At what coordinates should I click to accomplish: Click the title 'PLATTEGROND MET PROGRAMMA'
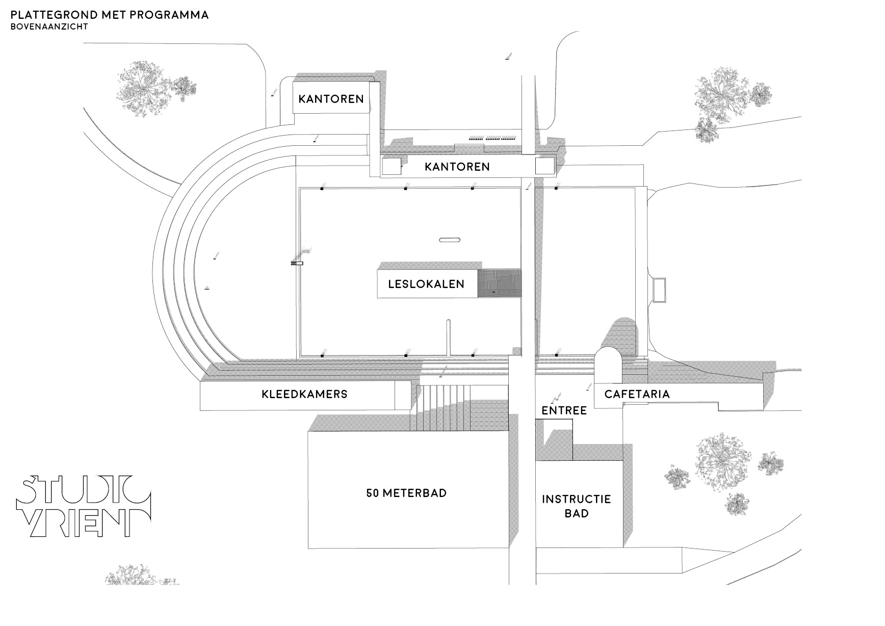tap(110, 14)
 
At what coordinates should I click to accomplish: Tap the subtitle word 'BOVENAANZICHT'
tap(49, 27)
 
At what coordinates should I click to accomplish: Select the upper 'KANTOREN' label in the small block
tap(331, 98)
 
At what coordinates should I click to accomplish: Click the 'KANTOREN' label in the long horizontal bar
tap(457, 167)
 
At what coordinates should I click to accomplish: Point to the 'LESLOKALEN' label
tap(426, 284)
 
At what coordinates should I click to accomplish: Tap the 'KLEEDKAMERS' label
tap(304, 394)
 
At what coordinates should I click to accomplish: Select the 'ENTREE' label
tap(564, 410)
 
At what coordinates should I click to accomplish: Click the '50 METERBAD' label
tap(406, 493)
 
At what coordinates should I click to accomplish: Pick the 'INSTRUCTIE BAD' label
tap(576, 506)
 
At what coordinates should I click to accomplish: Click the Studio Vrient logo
tap(83, 507)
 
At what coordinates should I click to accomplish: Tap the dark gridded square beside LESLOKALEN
tap(499, 283)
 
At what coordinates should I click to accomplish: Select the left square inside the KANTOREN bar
tap(391, 167)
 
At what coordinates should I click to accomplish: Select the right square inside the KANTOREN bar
tap(544, 166)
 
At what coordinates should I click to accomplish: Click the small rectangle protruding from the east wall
tap(659, 289)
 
